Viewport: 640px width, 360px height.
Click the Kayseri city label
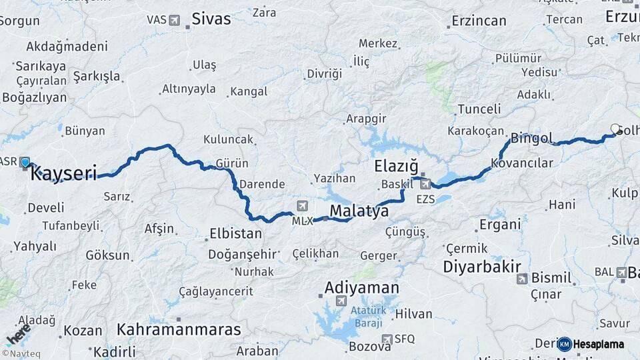point(64,174)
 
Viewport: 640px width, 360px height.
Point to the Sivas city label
point(211,19)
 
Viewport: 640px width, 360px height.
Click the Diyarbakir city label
point(482,267)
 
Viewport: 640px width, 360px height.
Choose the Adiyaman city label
point(362,288)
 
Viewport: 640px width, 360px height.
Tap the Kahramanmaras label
point(179,329)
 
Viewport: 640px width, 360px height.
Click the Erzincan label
point(479,21)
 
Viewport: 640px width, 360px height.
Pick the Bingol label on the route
point(531,139)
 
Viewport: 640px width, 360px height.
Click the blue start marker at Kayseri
point(25,162)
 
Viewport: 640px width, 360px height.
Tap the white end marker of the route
point(615,129)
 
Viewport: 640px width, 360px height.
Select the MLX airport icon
point(303,205)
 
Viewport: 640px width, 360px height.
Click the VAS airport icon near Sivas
point(175,20)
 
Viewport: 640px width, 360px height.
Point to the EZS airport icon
point(425,183)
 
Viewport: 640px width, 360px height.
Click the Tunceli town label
point(479,109)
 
